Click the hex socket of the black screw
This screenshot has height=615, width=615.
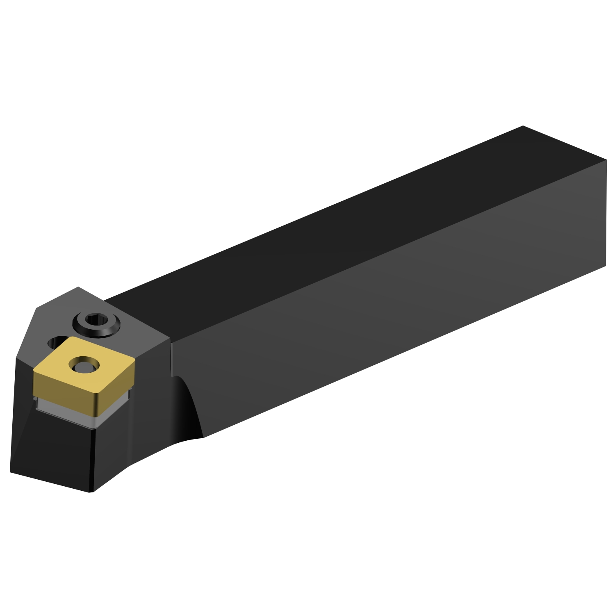[x=97, y=320]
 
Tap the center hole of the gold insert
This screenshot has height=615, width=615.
[x=84, y=364]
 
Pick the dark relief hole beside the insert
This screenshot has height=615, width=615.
[x=55, y=341]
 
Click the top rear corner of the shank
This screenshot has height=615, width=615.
[x=523, y=126]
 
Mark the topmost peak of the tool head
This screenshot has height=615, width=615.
[x=78, y=287]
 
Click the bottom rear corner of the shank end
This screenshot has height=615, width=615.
[x=606, y=266]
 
